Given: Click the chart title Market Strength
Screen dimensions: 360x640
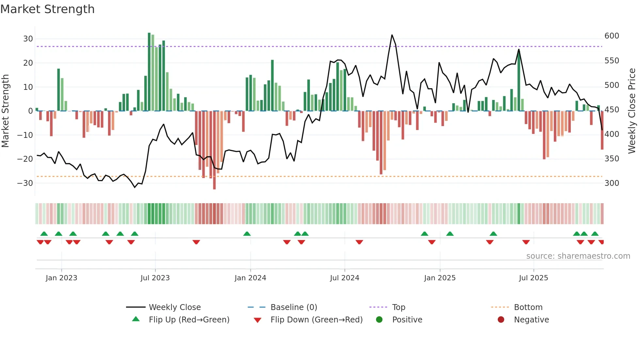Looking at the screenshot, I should coord(47,9).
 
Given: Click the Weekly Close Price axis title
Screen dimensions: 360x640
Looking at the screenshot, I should coord(632,111).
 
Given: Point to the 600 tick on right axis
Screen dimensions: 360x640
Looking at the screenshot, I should coord(612,36).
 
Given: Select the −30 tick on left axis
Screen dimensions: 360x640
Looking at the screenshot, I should coord(25,183).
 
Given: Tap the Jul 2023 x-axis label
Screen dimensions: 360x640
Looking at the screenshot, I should coord(155,278).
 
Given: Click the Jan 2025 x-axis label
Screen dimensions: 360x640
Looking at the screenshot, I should coord(440,278).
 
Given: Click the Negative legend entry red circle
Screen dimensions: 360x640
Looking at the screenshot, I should coord(501,319).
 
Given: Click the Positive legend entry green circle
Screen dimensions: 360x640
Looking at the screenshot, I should coord(379,319).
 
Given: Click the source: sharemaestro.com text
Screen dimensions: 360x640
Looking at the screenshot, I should coord(578,256).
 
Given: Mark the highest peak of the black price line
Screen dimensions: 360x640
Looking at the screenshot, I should coord(392,35).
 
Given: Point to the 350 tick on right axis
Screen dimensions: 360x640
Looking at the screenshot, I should coord(612,159).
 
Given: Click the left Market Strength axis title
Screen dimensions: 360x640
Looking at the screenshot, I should coord(5,111).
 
